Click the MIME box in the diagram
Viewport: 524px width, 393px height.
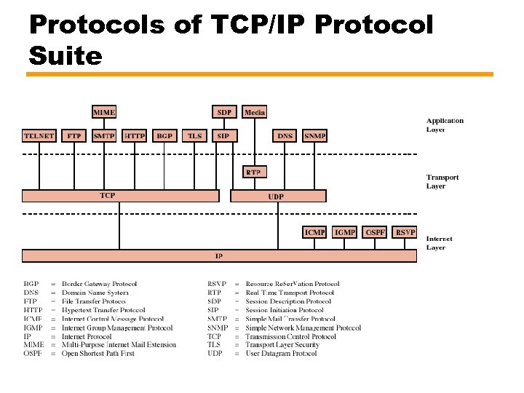point(104,112)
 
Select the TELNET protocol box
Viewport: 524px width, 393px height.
point(39,136)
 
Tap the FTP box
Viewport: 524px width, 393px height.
point(74,136)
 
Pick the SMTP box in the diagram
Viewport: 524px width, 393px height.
point(104,136)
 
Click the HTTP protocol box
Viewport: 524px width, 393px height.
point(135,136)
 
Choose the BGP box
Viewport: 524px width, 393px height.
point(165,136)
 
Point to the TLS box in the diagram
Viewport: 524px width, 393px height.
point(195,136)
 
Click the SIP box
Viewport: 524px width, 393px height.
point(223,136)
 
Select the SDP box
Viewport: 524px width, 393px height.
point(225,112)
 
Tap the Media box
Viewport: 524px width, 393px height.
point(255,112)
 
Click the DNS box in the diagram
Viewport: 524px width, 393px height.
point(285,136)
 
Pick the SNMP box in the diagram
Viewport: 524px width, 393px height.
point(314,136)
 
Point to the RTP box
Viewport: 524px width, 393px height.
point(254,172)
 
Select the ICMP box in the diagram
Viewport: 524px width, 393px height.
point(314,232)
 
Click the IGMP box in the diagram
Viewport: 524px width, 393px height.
point(344,232)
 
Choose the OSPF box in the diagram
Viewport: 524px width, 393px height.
point(375,232)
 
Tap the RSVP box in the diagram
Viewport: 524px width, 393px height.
point(405,232)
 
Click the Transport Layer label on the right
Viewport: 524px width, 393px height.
point(442,182)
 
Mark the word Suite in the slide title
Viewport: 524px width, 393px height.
point(66,55)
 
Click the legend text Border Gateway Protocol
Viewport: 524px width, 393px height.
point(100,284)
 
